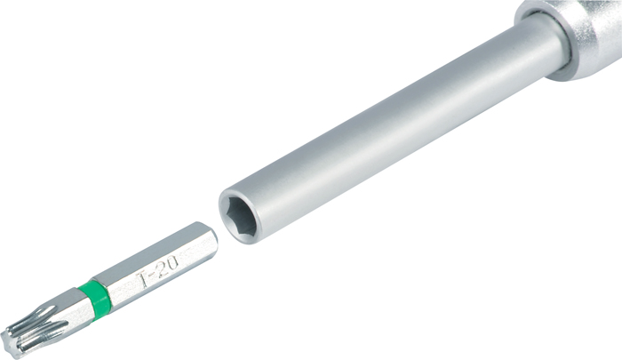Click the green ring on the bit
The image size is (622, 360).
coord(94,297)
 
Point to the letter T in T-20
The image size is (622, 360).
coord(144,279)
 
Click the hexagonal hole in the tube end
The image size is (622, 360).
coord(239,215)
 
